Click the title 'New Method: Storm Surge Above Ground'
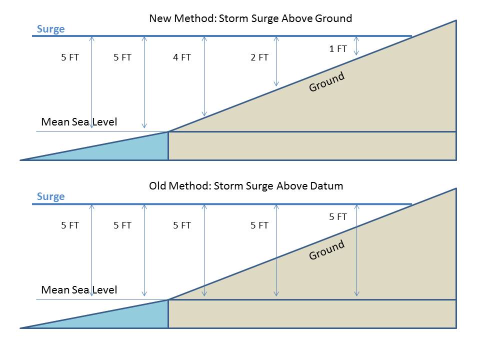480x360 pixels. pos(250,18)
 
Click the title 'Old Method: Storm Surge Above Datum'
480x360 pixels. pos(246,186)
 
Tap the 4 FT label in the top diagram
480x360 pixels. pos(182,57)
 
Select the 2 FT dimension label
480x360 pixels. pos(259,57)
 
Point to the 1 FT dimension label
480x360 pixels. pos(338,49)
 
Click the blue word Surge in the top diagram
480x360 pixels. pos(51,29)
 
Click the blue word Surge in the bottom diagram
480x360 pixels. pos(51,196)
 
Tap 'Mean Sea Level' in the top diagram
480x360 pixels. pos(79,122)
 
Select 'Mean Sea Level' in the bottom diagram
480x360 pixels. pos(79,290)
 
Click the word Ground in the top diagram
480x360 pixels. pos(326,81)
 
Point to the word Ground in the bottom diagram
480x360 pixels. pos(326,250)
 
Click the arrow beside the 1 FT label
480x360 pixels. pos(356,46)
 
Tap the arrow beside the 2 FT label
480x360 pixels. pos(276,61)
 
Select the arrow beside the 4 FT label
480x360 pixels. pos(204,76)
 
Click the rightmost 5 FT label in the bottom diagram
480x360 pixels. pos(338,217)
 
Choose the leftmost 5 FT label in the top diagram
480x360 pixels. pos(70,57)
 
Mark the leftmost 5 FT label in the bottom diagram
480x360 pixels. pos(70,225)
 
